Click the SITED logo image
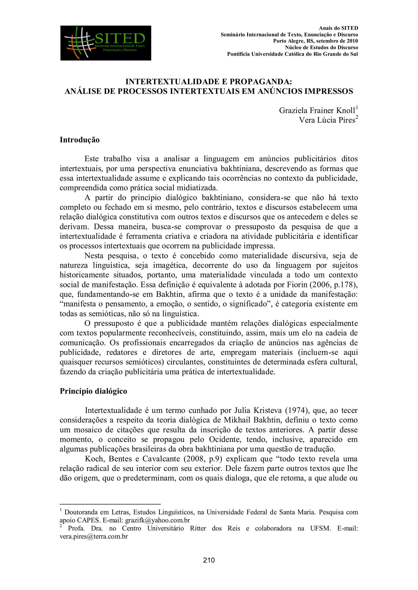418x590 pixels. pos(106,43)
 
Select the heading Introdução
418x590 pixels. pos(80,140)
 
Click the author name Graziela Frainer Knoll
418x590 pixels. pos(317,110)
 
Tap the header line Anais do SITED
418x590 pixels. pos(338,28)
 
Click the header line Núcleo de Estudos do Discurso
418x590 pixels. pos(321,47)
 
